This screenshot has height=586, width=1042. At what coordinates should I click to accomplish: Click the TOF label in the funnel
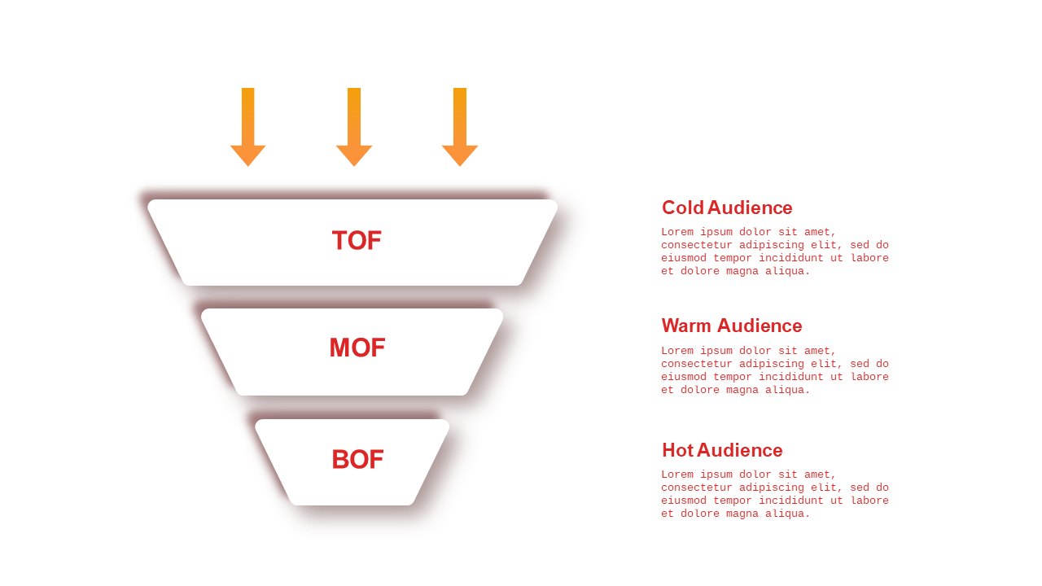click(x=357, y=240)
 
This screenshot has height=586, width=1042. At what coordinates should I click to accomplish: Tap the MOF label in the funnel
click(x=357, y=348)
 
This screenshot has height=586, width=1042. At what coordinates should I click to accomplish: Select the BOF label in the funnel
click(x=357, y=459)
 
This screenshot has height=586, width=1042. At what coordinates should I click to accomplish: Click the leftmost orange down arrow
click(x=248, y=127)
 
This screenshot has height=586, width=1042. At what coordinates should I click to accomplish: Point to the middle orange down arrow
click(x=354, y=127)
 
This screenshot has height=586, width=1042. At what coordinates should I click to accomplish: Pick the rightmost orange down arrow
click(x=460, y=127)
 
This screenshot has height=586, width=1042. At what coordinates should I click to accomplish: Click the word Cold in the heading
click(x=683, y=208)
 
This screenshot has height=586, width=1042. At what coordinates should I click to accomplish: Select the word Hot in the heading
click(x=678, y=450)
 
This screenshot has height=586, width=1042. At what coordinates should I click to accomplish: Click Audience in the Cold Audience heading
click(x=750, y=208)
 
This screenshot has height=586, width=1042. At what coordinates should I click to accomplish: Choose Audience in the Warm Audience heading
click(x=760, y=326)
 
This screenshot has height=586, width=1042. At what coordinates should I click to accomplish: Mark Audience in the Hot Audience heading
click(x=740, y=450)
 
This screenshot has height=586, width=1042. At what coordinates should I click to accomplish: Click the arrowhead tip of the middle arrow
click(x=354, y=166)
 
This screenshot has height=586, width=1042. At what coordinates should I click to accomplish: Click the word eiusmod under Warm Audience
click(x=684, y=377)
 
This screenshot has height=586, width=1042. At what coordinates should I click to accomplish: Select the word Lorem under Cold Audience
click(x=677, y=232)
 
